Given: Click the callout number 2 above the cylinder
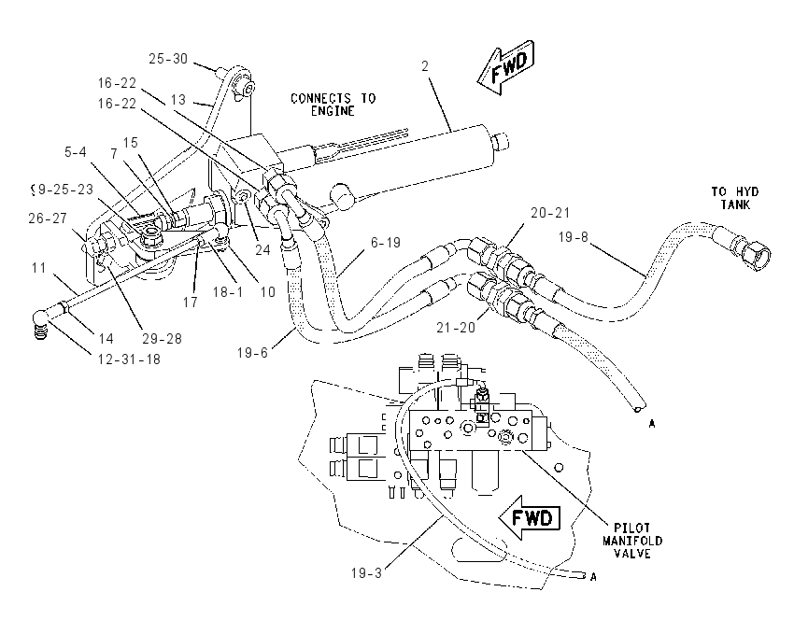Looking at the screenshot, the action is point(425,65).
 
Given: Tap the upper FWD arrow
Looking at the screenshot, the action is point(506,66).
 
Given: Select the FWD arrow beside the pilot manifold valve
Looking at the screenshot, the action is point(530,518).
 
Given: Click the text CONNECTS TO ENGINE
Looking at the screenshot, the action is point(333,105).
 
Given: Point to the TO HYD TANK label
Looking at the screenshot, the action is point(735,198).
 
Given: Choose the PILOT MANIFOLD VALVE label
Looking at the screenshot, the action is point(632,541).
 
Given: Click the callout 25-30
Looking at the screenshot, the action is point(168,59).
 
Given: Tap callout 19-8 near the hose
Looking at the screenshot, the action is point(574,237).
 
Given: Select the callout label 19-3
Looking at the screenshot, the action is point(366,573).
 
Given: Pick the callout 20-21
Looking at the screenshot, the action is point(550,213).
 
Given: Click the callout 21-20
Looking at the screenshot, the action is point(456,328).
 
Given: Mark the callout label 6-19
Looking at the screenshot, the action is point(386,243).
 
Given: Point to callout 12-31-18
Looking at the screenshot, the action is point(129,359).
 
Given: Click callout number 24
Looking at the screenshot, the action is point(262,249).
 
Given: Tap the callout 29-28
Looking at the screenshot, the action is point(162,339).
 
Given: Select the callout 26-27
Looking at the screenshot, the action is point(48,218).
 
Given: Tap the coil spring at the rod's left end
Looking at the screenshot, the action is point(40,331).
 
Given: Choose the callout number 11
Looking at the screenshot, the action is point(38,268).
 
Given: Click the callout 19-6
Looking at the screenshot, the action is point(252,352).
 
